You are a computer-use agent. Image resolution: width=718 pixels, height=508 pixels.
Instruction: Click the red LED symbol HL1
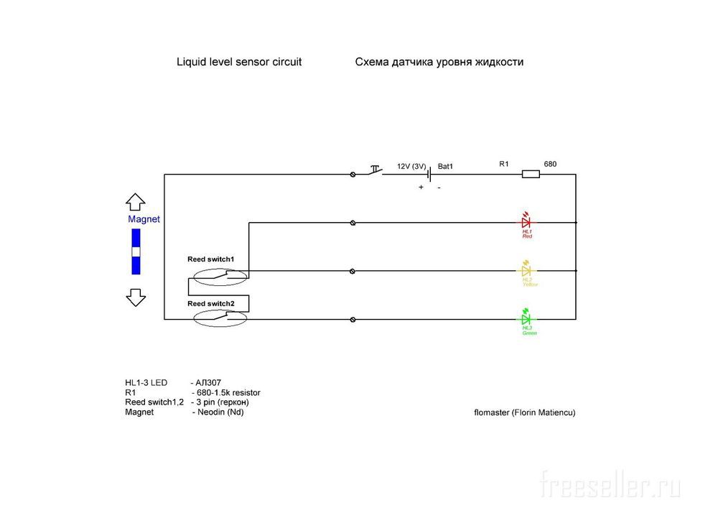pos(526,222)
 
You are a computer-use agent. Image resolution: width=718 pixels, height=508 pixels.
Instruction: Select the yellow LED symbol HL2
pos(526,271)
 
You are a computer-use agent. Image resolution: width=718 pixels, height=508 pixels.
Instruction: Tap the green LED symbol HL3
pos(526,318)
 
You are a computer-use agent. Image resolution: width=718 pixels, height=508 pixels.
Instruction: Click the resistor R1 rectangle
pos(530,174)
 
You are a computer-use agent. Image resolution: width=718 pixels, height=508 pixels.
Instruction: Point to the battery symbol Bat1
pos(429,174)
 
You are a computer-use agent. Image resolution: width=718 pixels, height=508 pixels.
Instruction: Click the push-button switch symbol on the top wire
pos(374,171)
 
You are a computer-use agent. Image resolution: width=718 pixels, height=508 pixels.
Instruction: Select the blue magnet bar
pos(135,251)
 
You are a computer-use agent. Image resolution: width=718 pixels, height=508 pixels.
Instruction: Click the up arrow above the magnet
pos(135,202)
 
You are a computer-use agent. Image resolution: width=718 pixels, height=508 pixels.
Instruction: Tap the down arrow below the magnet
pos(135,297)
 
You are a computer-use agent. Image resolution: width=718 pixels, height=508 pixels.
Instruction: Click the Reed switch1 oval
pos(218,275)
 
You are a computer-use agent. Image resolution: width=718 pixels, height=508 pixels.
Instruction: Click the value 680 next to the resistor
pos(550,164)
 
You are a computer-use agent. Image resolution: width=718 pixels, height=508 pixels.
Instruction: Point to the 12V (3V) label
pos(411,166)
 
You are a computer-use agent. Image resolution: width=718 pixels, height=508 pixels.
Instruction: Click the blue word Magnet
pos(144,219)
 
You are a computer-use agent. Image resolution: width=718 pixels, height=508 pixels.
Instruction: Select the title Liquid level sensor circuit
pos(239,62)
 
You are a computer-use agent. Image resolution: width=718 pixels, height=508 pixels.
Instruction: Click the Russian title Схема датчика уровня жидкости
pos(439,62)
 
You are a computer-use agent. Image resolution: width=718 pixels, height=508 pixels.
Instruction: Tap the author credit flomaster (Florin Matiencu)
pos(525,412)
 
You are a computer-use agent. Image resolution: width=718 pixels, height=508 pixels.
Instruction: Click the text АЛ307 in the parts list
pos(209,383)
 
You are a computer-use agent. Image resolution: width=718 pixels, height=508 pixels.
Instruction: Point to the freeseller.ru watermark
pos(610,485)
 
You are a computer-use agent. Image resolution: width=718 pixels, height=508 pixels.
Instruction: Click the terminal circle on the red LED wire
pos(353,223)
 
